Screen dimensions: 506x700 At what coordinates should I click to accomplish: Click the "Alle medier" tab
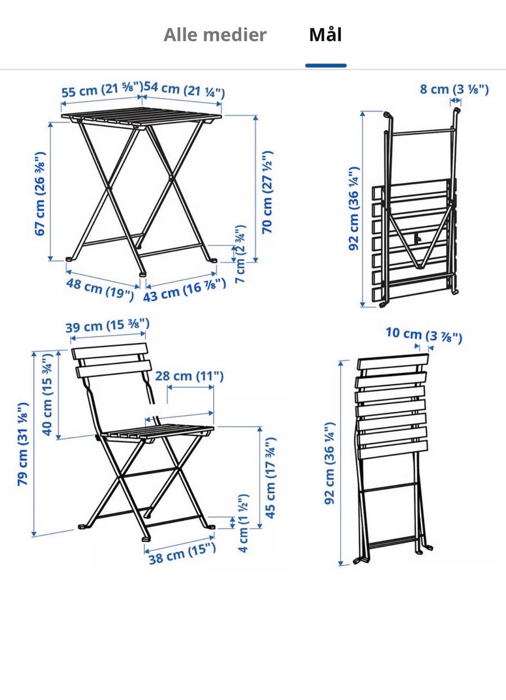215,35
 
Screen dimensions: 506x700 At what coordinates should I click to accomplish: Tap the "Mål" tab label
325,35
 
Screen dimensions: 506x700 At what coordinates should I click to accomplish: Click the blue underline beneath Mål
326,65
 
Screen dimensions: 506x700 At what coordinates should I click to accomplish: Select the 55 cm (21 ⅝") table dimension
102,90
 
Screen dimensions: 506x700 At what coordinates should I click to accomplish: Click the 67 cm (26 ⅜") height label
40,194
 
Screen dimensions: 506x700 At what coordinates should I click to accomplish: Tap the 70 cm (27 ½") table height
268,192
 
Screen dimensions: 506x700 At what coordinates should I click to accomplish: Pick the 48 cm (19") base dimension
100,290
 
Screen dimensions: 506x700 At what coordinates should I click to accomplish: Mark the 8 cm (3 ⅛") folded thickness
454,89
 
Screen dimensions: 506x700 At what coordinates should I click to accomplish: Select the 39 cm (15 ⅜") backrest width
107,325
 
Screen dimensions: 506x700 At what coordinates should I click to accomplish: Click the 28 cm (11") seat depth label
189,376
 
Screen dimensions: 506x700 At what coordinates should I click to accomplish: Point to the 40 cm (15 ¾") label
47,395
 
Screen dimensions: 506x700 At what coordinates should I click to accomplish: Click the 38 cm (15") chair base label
182,553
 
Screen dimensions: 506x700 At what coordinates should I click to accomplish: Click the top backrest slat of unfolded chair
109,351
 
